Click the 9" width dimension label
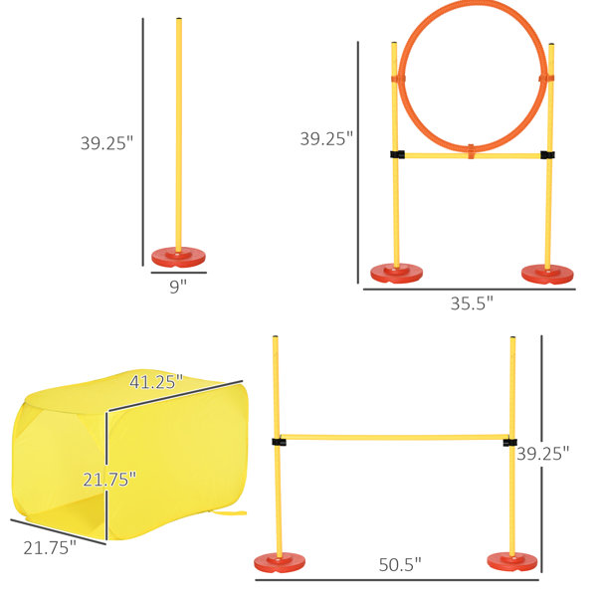[178, 287]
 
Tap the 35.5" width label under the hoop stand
[472, 303]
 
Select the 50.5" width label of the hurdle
[400, 564]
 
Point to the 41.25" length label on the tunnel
[156, 382]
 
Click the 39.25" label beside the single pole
[107, 143]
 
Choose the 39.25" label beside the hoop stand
[326, 138]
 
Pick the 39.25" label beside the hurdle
[542, 454]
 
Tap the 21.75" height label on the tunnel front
[109, 480]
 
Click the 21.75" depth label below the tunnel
[50, 548]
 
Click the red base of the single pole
[178, 257]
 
